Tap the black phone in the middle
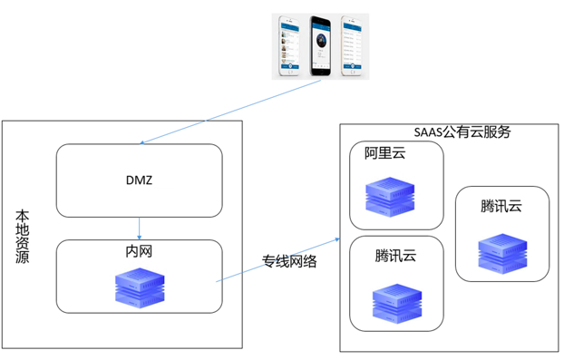click(320, 44)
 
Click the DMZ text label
click(139, 180)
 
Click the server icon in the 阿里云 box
click(391, 196)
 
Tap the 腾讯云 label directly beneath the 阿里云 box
click(396, 255)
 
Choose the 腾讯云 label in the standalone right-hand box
click(501, 207)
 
